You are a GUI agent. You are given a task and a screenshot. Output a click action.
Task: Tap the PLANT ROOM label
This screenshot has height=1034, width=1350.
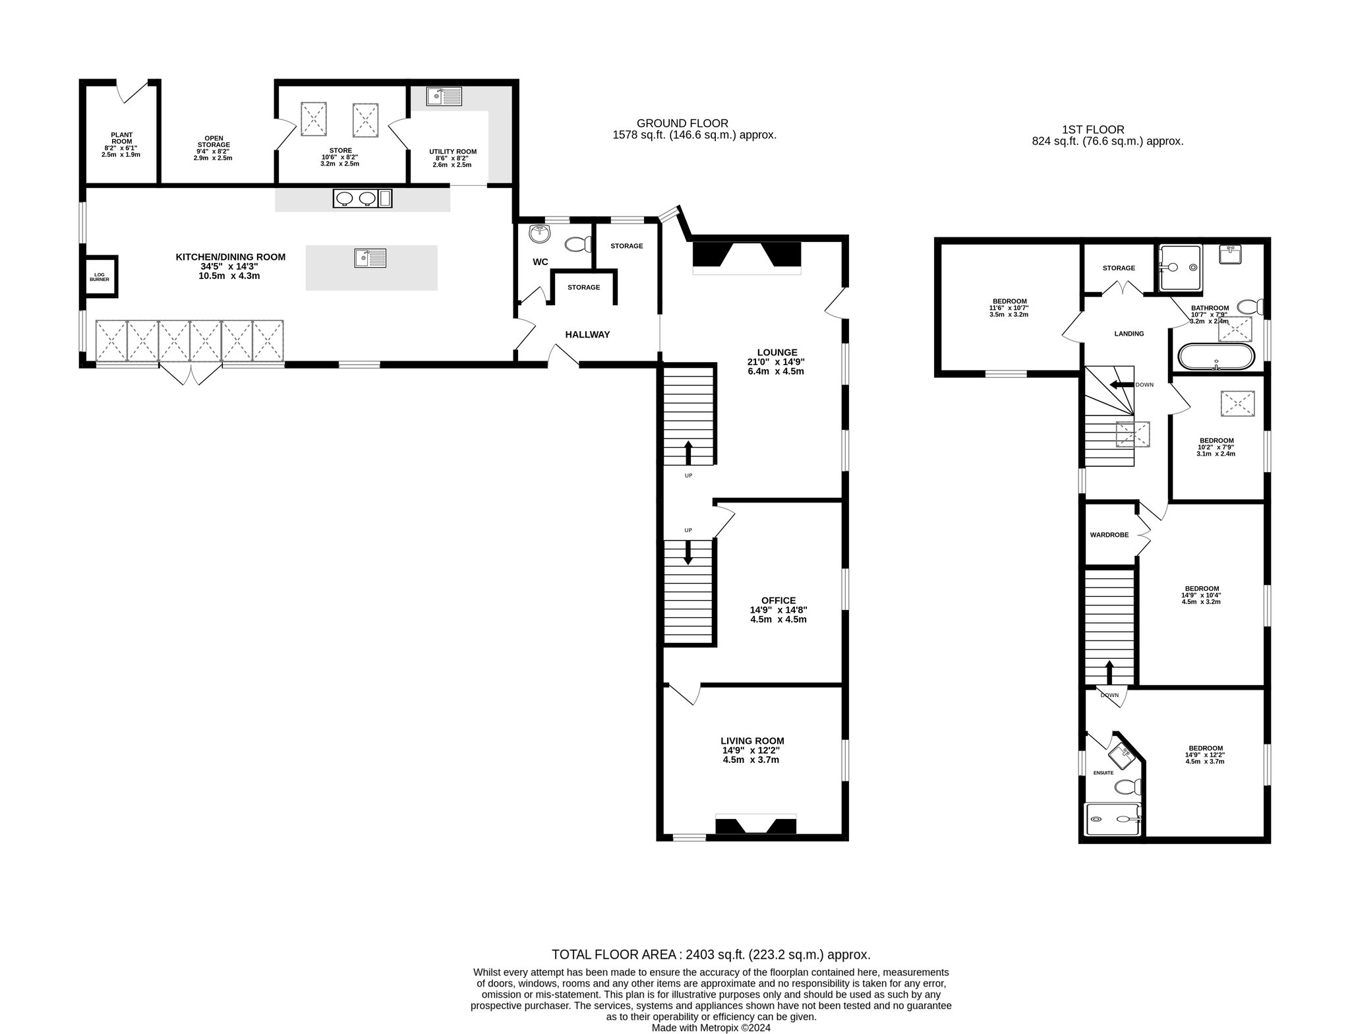(121, 138)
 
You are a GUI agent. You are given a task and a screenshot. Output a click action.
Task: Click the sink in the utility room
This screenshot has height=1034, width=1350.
(444, 98)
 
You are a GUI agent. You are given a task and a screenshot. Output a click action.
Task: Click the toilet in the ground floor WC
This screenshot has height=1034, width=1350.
(577, 245)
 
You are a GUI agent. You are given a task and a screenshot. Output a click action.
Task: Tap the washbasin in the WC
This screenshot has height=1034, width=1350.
(540, 233)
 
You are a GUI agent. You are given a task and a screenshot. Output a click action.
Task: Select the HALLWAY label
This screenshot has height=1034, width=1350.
(587, 335)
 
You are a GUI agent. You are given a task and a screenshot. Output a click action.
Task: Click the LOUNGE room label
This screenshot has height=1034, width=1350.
(777, 353)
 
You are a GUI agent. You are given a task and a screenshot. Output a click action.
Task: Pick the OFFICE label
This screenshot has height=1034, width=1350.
(778, 601)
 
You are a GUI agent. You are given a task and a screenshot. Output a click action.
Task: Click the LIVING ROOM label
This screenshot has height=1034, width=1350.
(752, 741)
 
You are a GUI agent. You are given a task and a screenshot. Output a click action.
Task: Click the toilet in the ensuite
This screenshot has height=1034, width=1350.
(1129, 786)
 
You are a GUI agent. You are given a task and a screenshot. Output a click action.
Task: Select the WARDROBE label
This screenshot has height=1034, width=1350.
(1109, 535)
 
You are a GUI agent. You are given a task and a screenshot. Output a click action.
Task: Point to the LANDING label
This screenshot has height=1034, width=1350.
(1129, 334)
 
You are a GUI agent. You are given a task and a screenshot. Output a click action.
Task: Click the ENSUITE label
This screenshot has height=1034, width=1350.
(1103, 772)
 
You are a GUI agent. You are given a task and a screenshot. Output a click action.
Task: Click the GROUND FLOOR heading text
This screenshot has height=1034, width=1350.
(682, 123)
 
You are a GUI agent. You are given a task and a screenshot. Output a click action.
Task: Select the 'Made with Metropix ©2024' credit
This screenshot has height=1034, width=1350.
(711, 1027)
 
